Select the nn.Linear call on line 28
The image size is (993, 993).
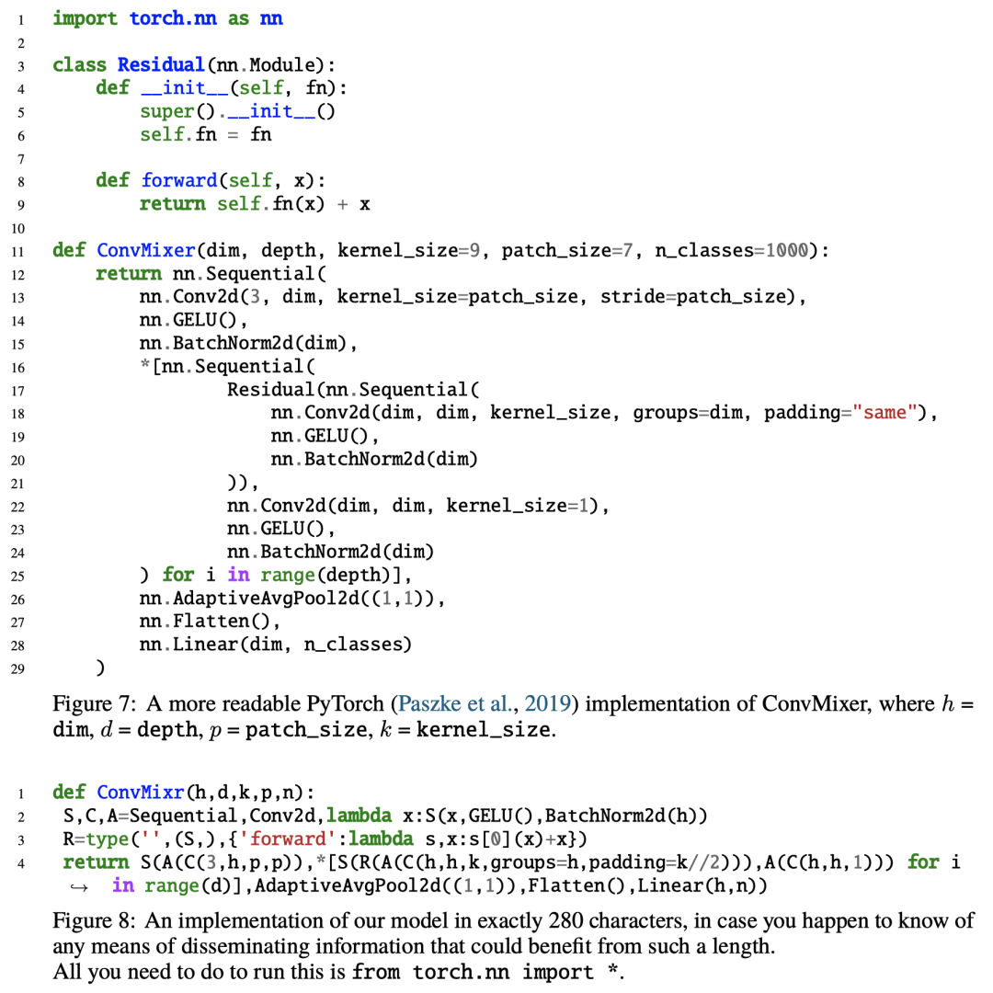tap(276, 645)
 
